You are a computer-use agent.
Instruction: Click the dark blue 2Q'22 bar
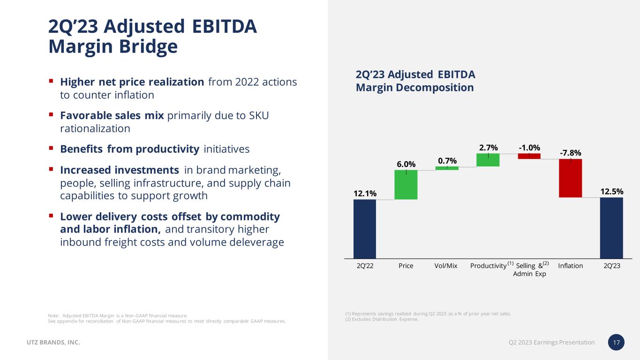click(x=364, y=229)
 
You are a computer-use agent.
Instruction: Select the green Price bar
click(x=406, y=185)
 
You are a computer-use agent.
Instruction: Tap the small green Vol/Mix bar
click(x=447, y=168)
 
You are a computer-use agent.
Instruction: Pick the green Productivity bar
click(x=488, y=160)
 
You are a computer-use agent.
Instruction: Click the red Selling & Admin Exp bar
click(x=529, y=156)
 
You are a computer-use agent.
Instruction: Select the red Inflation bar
click(x=570, y=178)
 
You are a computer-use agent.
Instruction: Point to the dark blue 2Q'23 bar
click(x=611, y=228)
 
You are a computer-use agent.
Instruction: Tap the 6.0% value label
click(x=406, y=164)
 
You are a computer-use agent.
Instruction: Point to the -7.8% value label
click(x=570, y=153)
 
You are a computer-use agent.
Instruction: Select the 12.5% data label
click(x=611, y=191)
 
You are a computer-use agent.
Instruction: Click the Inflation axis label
click(x=571, y=266)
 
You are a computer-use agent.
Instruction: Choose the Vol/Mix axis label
click(x=446, y=266)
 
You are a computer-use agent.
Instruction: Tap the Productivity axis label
click(x=488, y=266)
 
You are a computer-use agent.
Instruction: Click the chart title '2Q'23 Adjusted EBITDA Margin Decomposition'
click(x=415, y=81)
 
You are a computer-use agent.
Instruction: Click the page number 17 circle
click(x=617, y=343)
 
